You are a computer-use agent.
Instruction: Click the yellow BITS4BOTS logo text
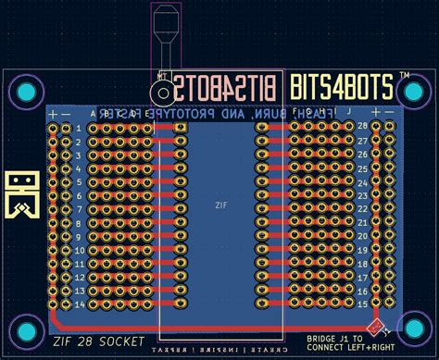click(x=342, y=87)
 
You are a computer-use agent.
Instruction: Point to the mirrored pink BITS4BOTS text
click(x=225, y=88)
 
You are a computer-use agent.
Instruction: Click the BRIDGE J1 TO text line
click(x=334, y=339)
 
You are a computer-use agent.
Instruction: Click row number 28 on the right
click(x=362, y=125)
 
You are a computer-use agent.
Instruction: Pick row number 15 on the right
click(x=362, y=304)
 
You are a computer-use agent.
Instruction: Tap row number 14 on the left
click(x=80, y=304)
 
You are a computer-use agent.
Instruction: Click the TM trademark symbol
click(x=405, y=74)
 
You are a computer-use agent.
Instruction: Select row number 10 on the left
click(x=80, y=249)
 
